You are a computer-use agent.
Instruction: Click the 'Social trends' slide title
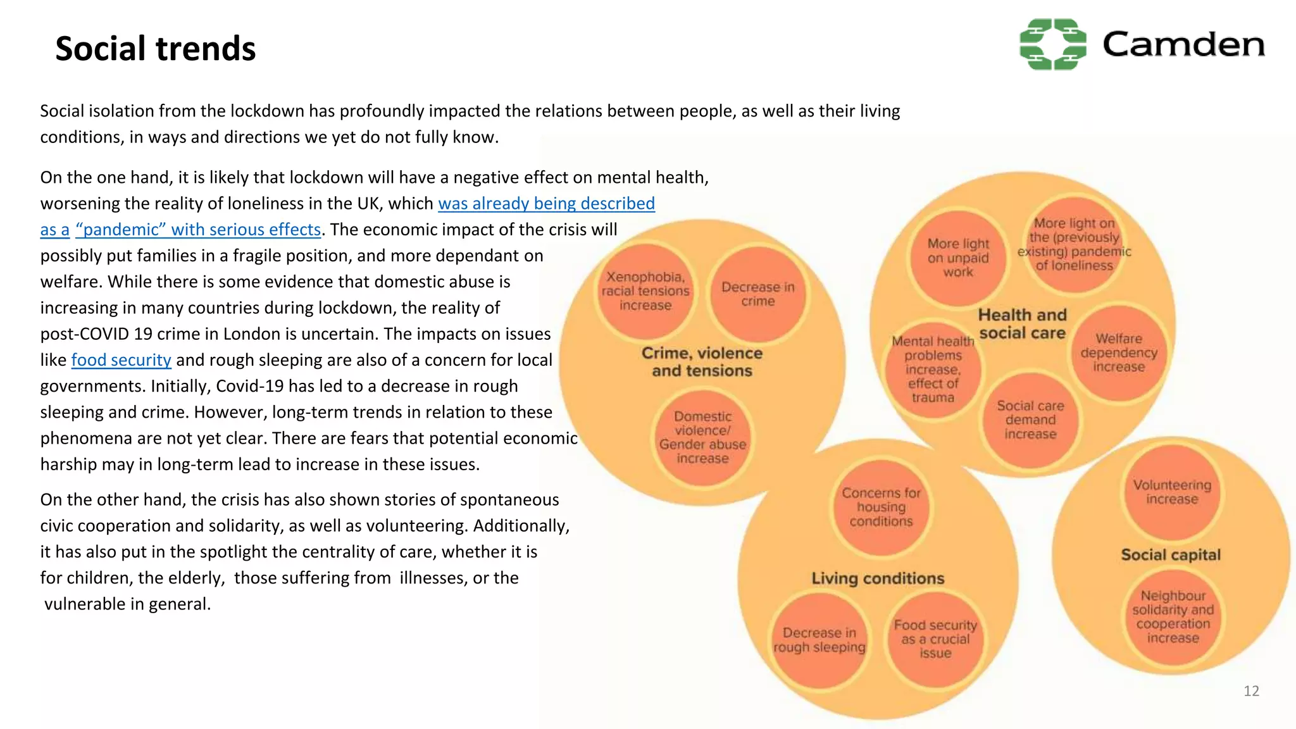tap(155, 49)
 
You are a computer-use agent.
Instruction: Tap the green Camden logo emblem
tap(1052, 44)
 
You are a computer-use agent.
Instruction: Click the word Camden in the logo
tap(1183, 45)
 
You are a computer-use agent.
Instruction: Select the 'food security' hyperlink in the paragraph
tap(121, 360)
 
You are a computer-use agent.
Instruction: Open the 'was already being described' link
tap(546, 204)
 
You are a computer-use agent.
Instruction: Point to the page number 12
tap(1251, 691)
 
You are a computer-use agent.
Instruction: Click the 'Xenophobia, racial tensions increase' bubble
tap(645, 291)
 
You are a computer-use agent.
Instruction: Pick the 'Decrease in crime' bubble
tap(757, 294)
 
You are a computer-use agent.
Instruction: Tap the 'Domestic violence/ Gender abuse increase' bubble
tap(702, 437)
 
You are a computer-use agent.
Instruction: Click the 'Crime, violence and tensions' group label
tap(702, 362)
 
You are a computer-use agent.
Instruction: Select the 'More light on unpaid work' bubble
tap(958, 258)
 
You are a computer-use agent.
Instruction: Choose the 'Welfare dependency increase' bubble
tap(1119, 352)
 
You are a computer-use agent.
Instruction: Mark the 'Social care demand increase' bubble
tap(1030, 420)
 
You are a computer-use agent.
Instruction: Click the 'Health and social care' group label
tap(1022, 324)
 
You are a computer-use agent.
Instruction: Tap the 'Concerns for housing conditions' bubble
tap(881, 507)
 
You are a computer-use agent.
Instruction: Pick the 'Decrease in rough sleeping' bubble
tap(819, 640)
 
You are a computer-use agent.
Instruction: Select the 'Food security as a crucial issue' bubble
tap(935, 639)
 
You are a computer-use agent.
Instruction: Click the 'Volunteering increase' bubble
tap(1172, 492)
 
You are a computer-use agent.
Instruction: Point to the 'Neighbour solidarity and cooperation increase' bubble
tap(1173, 617)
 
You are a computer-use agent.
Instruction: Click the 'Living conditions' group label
tap(878, 578)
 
